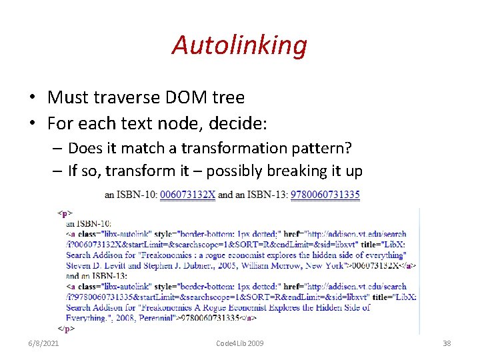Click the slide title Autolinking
click(239, 45)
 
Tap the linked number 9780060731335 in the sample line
click(325, 195)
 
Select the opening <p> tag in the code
click(65, 213)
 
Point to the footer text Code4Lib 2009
click(240, 343)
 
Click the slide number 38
click(447, 343)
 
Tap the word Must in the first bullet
click(65, 97)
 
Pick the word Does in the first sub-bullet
click(83, 147)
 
